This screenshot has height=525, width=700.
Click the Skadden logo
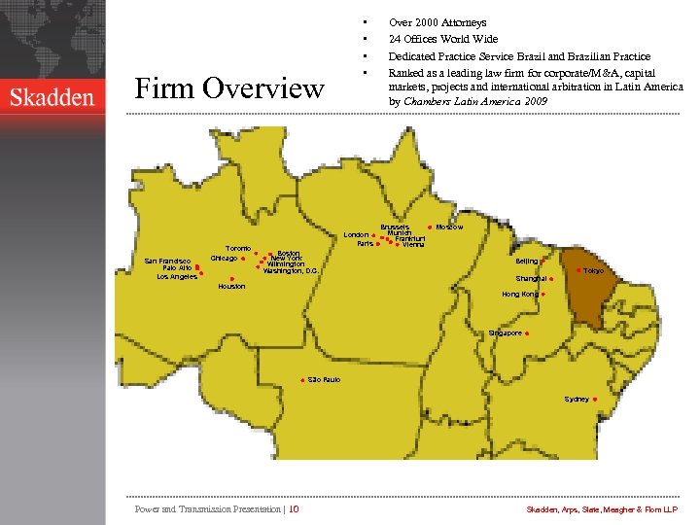pyautogui.click(x=52, y=96)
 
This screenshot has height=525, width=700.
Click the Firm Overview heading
pyautogui.click(x=229, y=88)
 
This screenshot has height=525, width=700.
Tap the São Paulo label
pyautogui.click(x=324, y=379)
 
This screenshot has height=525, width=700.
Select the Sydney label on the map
pyautogui.click(x=576, y=399)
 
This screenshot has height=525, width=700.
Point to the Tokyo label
pyautogui.click(x=593, y=270)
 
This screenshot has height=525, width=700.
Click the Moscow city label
pyautogui.click(x=449, y=227)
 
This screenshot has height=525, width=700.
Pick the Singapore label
pyautogui.click(x=505, y=332)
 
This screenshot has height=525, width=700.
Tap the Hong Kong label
pyautogui.click(x=519, y=294)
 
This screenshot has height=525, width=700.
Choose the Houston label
pyautogui.click(x=231, y=287)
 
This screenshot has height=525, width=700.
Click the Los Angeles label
pyautogui.click(x=177, y=276)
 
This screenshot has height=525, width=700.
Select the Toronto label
pyautogui.click(x=238, y=248)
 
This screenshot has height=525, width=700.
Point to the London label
pyautogui.click(x=356, y=234)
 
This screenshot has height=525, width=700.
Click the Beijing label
pyautogui.click(x=526, y=261)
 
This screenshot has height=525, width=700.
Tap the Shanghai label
pyautogui.click(x=531, y=278)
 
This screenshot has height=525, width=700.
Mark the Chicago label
pyautogui.click(x=224, y=258)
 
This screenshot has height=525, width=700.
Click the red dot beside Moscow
pyautogui.click(x=430, y=227)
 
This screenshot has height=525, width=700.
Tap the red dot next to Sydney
pyautogui.click(x=594, y=399)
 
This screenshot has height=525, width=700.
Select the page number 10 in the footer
pyautogui.click(x=294, y=508)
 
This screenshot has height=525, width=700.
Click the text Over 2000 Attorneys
pyautogui.click(x=437, y=21)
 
